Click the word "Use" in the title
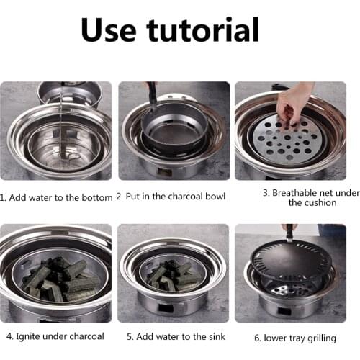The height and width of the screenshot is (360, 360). pos(110,31)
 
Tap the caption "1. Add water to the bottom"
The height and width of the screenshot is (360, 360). pos(56,197)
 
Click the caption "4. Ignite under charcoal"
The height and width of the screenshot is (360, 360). pos(55,336)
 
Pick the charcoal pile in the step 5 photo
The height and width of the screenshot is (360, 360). pos(171,274)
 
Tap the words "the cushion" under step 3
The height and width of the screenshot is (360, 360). pos(312,203)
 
